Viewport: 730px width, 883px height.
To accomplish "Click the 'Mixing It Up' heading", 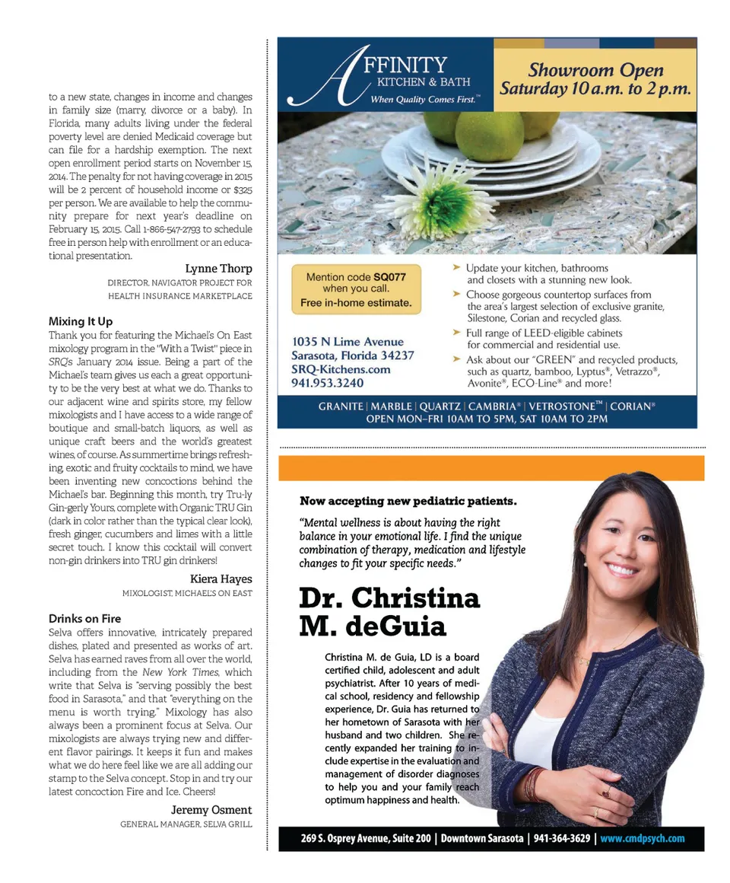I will click(x=81, y=321).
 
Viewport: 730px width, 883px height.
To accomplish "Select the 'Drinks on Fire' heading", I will click(x=84, y=618).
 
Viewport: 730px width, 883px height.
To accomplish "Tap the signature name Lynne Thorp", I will click(x=218, y=269).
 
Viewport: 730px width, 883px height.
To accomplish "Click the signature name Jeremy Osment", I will click(x=211, y=809).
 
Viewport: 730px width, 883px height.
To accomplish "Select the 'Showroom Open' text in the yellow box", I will click(x=595, y=70).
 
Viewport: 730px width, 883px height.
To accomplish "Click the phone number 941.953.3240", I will click(x=328, y=383).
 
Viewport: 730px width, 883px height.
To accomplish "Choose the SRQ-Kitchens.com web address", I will click(x=341, y=369).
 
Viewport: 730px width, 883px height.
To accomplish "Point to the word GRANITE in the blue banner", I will click(x=341, y=406).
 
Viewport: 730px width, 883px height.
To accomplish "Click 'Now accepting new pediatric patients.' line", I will click(x=408, y=501).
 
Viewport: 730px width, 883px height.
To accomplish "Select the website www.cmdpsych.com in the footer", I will click(x=642, y=839).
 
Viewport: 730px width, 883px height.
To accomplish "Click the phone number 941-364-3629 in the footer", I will click(x=561, y=839).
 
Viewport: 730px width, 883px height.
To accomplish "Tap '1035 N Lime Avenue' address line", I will click(x=348, y=342).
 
